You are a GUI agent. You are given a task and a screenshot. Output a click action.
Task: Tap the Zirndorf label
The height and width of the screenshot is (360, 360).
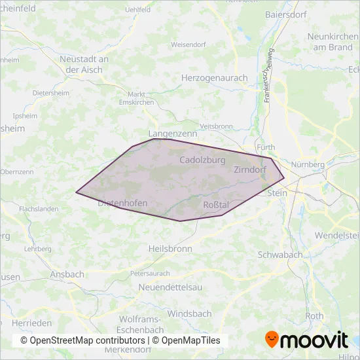pyautogui.click(x=249, y=170)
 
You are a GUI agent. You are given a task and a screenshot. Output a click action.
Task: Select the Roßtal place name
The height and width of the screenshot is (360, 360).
pyautogui.click(x=216, y=205)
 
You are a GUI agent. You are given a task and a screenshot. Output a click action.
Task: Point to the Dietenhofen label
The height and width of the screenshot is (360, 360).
pyautogui.click(x=122, y=204)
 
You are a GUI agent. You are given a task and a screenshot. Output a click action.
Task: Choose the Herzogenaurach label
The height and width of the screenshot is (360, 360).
pyautogui.click(x=214, y=78)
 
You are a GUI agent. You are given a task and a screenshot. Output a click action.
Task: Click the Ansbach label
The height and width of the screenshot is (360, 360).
pyautogui.click(x=67, y=274)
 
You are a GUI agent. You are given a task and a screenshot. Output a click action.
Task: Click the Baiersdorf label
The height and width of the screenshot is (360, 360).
pyautogui.click(x=287, y=14)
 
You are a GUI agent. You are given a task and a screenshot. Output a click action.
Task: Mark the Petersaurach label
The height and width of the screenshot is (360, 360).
pyautogui.click(x=150, y=273)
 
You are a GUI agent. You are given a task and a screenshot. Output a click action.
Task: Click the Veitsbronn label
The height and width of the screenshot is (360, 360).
pyautogui.click(x=216, y=126)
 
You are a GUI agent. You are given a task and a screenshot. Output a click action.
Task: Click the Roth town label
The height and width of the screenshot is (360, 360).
pyautogui.click(x=314, y=315)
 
